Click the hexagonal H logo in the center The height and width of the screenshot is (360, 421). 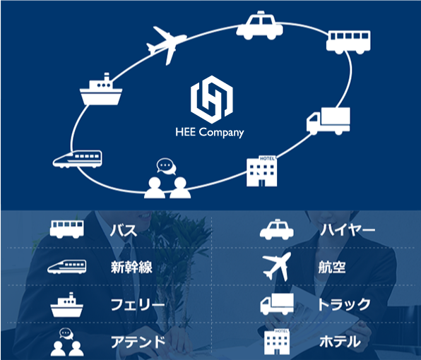[x=212, y=100]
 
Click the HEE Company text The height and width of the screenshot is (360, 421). [x=210, y=133]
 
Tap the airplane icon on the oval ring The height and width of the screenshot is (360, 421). [x=166, y=45]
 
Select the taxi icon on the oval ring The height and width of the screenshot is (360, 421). [x=259, y=25]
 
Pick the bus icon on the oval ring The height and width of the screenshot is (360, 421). [x=348, y=42]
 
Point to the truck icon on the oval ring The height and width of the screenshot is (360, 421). [x=328, y=121]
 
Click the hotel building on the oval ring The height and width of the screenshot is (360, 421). [x=262, y=171]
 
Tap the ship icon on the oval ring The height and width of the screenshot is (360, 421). [x=101, y=89]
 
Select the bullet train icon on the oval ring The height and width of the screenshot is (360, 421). [x=77, y=159]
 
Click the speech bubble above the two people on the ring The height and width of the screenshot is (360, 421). [x=166, y=166]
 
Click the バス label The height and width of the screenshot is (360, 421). [x=124, y=230]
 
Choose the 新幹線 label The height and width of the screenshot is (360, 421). [x=131, y=268]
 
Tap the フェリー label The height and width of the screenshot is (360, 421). [x=138, y=305]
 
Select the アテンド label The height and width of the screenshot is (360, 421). [x=138, y=342]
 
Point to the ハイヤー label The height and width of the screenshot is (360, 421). [x=348, y=230]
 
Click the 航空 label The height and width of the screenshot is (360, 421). [x=332, y=268]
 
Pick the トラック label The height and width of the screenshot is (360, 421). [x=345, y=304]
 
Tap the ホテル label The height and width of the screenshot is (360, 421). [x=340, y=342]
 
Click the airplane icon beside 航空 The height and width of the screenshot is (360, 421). [x=277, y=266]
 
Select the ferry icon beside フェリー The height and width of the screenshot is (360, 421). [x=67, y=305]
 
